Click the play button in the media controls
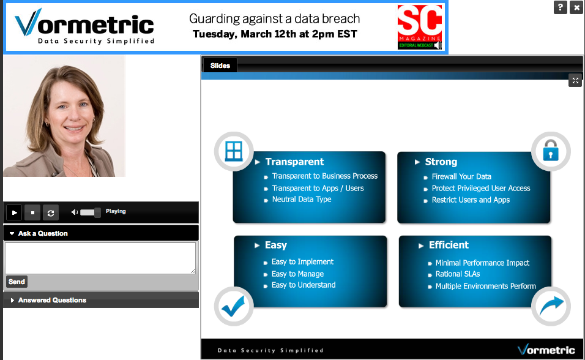(14, 212)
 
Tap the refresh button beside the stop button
(51, 212)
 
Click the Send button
(17, 282)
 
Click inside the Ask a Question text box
(100, 258)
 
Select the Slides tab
(220, 66)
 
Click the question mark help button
(561, 7)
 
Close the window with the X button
(576, 7)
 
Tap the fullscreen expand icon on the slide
(575, 81)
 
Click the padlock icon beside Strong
(551, 151)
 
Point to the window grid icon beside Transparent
(234, 151)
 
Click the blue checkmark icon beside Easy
(234, 306)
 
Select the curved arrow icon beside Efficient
(551, 306)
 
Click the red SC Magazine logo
(420, 27)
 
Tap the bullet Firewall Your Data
(461, 177)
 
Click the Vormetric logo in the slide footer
(546, 350)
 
